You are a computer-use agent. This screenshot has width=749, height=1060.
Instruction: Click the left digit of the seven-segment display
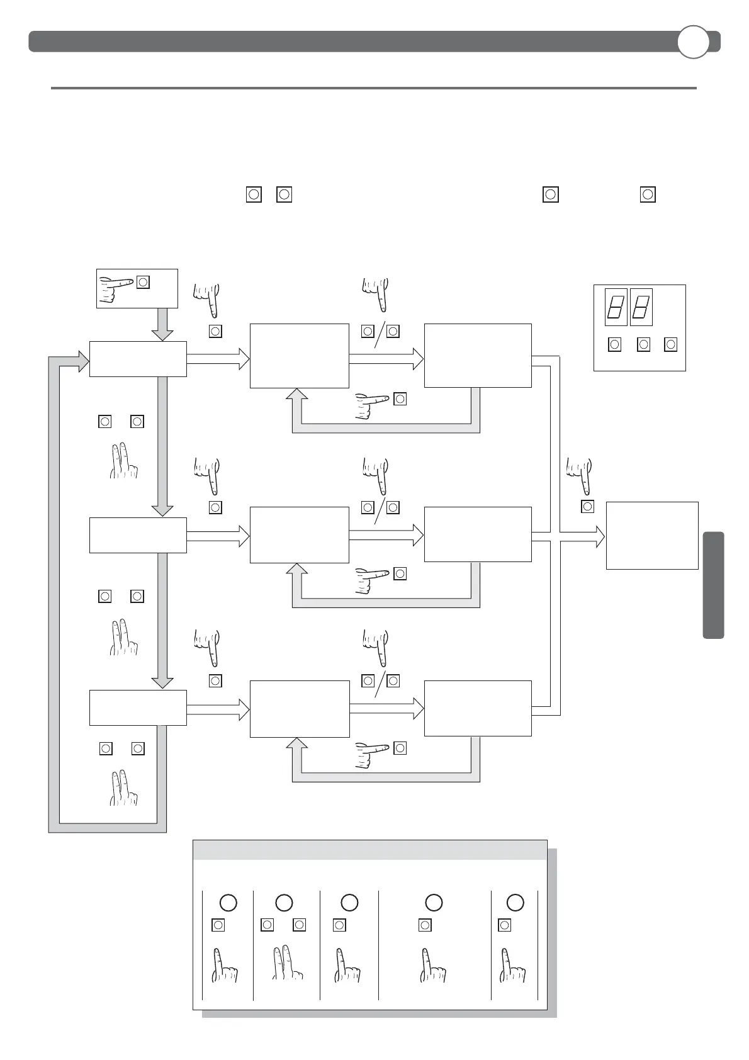pos(616,307)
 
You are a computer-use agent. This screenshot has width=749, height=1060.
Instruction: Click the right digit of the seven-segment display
pos(641,307)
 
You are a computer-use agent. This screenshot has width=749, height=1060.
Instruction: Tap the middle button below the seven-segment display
pos(643,344)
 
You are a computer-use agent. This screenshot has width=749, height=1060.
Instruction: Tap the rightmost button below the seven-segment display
pos(671,344)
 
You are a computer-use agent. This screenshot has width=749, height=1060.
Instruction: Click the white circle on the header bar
pos(693,42)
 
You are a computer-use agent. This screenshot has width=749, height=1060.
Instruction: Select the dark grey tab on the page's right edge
pos(713,585)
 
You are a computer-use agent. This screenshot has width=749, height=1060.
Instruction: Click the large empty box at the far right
pos(652,535)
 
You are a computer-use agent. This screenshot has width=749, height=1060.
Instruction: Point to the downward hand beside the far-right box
pos(580,475)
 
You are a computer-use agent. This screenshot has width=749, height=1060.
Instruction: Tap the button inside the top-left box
pos(144,282)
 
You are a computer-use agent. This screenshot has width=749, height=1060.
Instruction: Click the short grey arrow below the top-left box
pos(162,324)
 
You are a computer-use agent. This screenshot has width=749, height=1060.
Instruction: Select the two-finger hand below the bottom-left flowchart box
pos(123,788)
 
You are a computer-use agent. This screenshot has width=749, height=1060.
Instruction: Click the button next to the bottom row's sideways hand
pos(400,748)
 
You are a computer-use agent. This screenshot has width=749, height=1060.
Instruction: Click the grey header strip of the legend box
pos(369,850)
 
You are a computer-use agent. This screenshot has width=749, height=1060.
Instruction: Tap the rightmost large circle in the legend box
pos(515,903)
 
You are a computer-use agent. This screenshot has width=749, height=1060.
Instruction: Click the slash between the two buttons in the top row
pos(380,334)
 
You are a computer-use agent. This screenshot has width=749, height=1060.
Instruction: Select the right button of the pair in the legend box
pos(300,925)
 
